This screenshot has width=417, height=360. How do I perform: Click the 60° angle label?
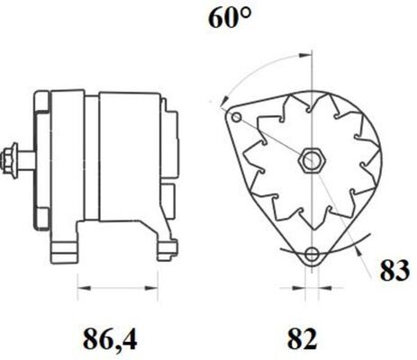[230, 18]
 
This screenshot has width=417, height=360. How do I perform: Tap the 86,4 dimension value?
[110, 338]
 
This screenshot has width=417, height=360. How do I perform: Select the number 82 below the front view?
[302, 338]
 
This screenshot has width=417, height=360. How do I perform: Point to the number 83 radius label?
[394, 270]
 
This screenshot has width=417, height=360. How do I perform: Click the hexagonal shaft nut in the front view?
[312, 161]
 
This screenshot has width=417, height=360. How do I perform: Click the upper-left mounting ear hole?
[237, 117]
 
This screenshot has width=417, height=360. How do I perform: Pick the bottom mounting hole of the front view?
[313, 255]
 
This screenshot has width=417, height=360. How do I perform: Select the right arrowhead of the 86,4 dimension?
[151, 288]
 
